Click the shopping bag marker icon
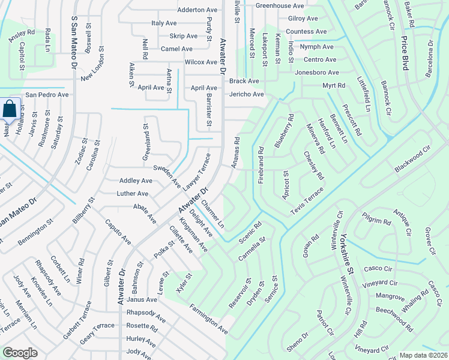[10, 110]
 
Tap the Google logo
[20, 353]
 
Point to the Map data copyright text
[423, 355]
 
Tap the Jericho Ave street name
[246, 94]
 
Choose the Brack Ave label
[244, 81]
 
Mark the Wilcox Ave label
[200, 62]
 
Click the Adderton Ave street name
[197, 10]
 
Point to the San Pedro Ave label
[46, 95]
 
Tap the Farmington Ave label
[208, 319]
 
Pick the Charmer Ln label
[212, 214]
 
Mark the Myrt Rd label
[333, 86]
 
